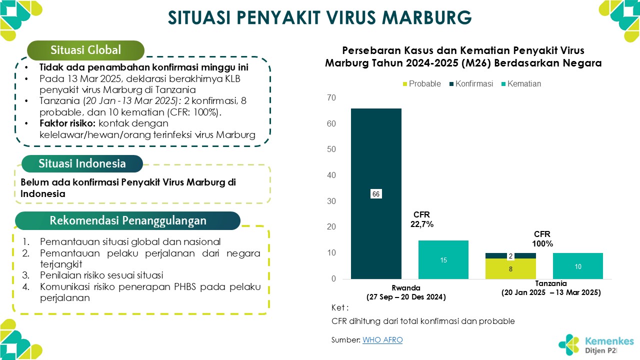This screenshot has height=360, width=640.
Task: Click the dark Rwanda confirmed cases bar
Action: coord(376,150)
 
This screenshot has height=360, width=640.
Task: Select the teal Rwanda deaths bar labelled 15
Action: coord(443,259)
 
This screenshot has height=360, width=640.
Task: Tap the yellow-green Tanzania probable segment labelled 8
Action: coord(510,268)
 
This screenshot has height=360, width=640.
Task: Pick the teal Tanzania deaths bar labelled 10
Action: coord(577,266)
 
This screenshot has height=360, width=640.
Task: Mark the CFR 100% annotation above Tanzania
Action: coord(542,239)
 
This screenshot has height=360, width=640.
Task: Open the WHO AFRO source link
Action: coord(382,340)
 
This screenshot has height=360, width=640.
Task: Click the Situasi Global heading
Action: coord(85,50)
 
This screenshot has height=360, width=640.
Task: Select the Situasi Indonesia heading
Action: coord(82,163)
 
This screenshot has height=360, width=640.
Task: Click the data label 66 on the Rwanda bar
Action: coord(376,194)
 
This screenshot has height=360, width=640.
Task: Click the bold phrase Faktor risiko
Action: coord(68,123)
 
